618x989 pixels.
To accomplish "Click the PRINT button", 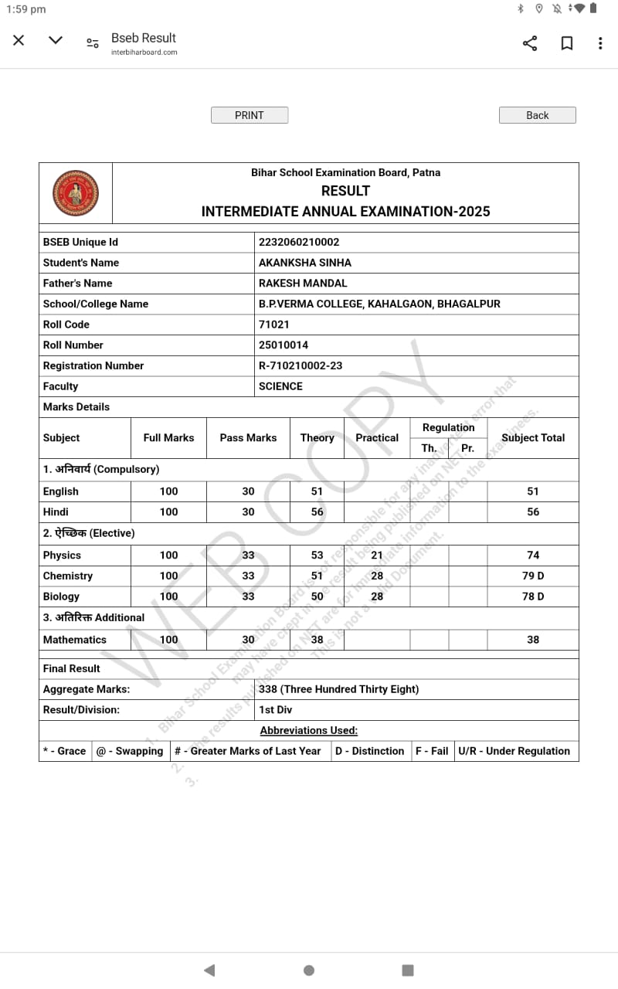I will tap(250, 115).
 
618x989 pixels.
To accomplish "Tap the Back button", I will tap(537, 115).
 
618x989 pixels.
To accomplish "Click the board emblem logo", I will tap(76, 193).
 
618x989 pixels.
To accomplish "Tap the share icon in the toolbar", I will tap(530, 43).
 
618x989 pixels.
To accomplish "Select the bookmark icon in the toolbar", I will tap(567, 43).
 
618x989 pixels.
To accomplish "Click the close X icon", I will tap(19, 40).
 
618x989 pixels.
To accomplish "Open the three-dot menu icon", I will tap(600, 43).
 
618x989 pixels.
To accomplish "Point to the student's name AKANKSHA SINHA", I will tap(305, 263).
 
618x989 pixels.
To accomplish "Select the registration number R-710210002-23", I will tap(301, 365).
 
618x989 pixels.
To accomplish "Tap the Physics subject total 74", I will tap(533, 556).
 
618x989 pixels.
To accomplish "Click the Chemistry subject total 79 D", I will tap(533, 576).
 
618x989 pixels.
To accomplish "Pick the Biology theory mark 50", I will tap(317, 596).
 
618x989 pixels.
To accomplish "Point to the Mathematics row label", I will tap(75, 640).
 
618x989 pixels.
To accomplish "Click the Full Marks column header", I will tap(168, 437).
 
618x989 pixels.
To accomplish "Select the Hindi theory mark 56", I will tap(317, 511).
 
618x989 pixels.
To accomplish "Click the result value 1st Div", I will tap(276, 709).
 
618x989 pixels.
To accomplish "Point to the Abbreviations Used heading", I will tap(309, 730).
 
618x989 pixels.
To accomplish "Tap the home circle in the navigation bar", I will tap(309, 970).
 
